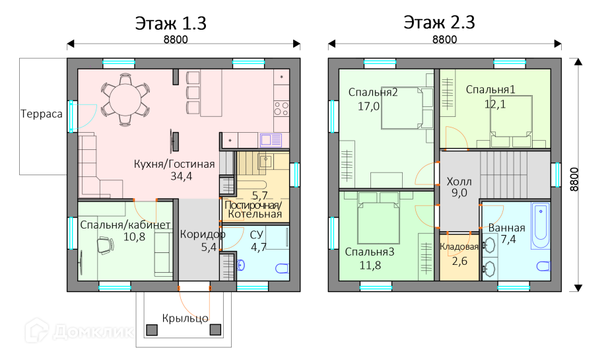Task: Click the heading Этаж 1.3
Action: click(x=170, y=23)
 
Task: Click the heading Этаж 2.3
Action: click(x=439, y=22)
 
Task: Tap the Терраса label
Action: click(x=41, y=114)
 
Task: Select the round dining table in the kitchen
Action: click(x=125, y=100)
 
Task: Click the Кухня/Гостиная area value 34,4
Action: click(x=182, y=176)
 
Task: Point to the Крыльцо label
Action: click(x=185, y=318)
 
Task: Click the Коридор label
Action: click(x=203, y=234)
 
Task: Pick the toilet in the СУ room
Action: click(x=282, y=268)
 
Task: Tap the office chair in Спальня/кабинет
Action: click(x=106, y=245)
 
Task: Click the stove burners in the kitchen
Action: click(x=281, y=109)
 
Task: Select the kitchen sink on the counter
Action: click(x=271, y=140)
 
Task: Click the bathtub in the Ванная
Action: click(x=541, y=225)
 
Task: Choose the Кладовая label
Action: click(x=459, y=247)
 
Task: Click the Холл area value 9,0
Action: click(x=459, y=193)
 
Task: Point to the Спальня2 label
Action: click(x=373, y=92)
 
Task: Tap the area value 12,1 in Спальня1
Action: click(x=495, y=104)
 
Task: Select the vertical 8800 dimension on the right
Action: click(x=574, y=179)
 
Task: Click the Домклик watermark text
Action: click(x=93, y=332)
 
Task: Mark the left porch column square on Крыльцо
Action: click(x=152, y=330)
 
